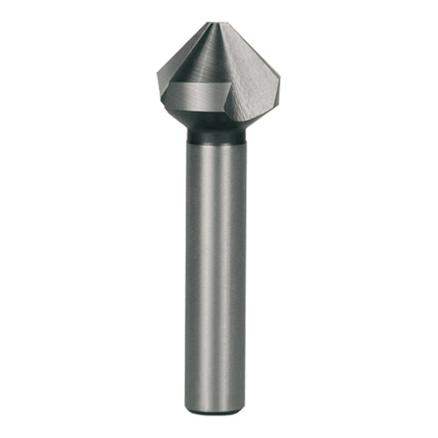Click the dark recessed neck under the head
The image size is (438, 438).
(216, 136)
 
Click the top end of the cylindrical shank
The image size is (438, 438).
(216, 146)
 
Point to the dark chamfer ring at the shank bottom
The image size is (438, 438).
(216, 409)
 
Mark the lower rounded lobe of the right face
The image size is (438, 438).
(251, 112)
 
